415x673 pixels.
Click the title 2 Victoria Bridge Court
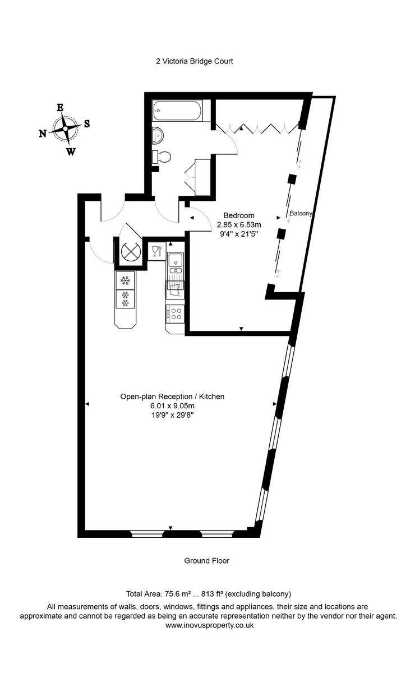[x=194, y=61]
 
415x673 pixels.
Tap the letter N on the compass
[x=43, y=133]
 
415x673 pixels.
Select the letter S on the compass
[x=87, y=124]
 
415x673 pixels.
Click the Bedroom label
[x=239, y=215]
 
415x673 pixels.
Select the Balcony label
[x=301, y=214]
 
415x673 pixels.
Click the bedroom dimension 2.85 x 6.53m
[x=239, y=224]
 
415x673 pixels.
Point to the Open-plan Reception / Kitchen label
[x=172, y=397]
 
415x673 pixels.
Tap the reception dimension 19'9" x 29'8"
[x=172, y=415]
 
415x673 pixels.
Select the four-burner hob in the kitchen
[x=176, y=314]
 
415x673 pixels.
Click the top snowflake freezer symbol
[x=125, y=279]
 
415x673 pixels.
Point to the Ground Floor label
[x=206, y=560]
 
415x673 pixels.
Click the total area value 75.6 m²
[x=177, y=593]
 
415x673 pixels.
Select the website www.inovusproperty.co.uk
[x=209, y=625]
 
